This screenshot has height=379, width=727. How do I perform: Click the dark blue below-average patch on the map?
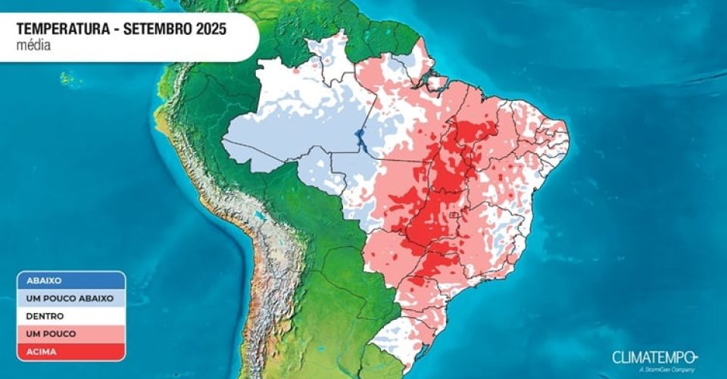click(360, 141)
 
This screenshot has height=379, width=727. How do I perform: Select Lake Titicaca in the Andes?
click(263, 218)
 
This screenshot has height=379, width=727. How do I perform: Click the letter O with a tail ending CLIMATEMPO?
click(691, 356)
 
